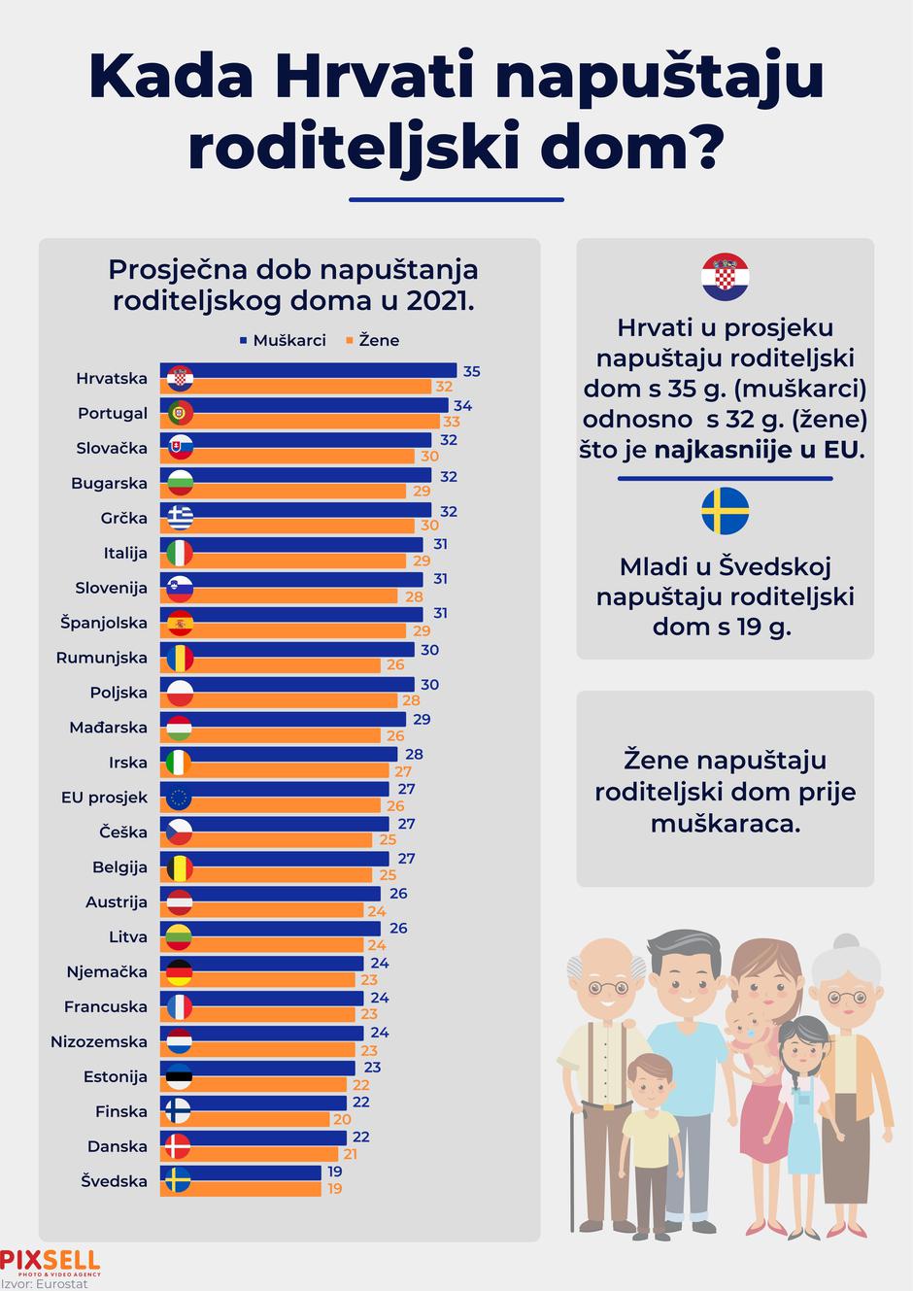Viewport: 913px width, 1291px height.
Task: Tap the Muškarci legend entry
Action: coord(283,341)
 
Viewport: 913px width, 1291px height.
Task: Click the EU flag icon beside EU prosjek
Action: coord(179,798)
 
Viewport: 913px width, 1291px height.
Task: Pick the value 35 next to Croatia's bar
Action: coord(471,371)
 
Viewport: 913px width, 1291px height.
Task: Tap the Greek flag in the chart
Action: coord(180,518)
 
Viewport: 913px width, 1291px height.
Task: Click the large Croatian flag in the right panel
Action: coord(725,278)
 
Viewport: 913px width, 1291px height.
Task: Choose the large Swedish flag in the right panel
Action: coord(725,512)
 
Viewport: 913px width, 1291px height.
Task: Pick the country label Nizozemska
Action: coord(99,1041)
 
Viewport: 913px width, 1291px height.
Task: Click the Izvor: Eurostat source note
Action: coord(45,1283)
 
